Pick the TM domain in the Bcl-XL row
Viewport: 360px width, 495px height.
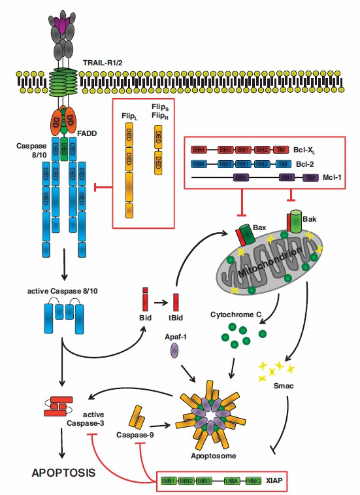280,150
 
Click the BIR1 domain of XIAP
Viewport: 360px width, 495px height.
169,481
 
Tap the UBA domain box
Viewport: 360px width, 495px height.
231,481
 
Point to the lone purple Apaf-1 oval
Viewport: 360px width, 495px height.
174,351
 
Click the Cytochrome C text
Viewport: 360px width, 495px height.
236,314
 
